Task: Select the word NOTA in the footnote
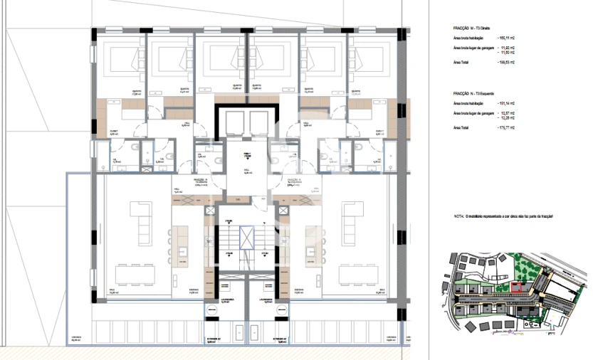coord(458,215)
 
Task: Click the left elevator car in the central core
coord(233,122)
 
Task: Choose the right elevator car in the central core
coord(257,122)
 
